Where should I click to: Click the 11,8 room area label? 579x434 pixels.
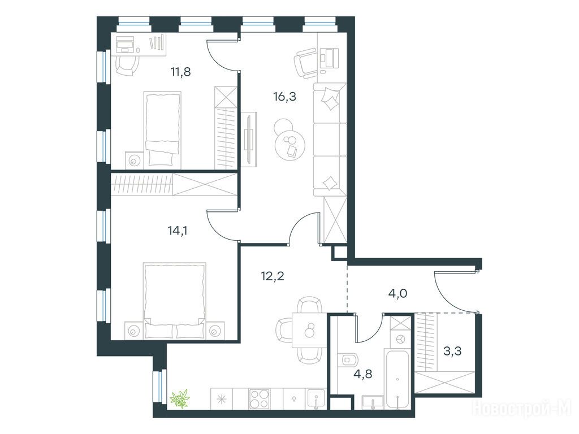(180, 72)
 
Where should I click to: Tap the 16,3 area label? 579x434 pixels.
(285, 97)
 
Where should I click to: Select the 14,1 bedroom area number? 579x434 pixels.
(178, 231)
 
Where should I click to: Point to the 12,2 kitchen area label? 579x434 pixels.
(273, 276)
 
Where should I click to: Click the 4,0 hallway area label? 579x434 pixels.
(397, 294)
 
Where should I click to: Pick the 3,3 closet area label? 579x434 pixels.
(452, 351)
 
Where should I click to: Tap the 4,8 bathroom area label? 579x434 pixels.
(362, 374)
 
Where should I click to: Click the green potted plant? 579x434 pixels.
(179, 398)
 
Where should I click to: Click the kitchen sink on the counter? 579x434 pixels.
(316, 398)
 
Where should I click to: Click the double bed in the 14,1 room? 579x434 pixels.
(175, 301)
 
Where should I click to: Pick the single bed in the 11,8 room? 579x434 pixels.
(162, 129)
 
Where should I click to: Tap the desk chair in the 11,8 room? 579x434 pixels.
(127, 65)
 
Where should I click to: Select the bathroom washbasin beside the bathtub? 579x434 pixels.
(373, 402)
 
